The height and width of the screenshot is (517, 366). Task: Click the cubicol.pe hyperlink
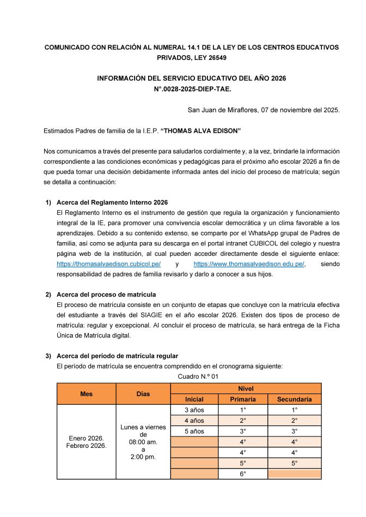click(108, 264)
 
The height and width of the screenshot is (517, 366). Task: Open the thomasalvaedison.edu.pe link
click(249, 264)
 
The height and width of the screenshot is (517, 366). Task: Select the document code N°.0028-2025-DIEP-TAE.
click(191, 88)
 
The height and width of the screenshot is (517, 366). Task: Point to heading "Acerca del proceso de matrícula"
click(106, 294)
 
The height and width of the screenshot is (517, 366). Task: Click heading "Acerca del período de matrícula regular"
click(117, 356)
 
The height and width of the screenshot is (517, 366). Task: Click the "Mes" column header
click(86, 394)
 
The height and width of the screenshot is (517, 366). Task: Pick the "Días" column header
click(143, 394)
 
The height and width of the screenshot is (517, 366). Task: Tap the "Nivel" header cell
click(246, 389)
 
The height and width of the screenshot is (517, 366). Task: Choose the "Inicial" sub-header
click(194, 399)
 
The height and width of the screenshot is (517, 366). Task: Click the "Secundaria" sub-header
click(294, 399)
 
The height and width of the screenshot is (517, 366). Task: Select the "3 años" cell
click(194, 410)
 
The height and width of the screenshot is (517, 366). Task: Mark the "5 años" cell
click(194, 431)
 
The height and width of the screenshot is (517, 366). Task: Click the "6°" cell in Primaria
click(243, 474)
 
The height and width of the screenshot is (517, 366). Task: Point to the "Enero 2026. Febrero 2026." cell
click(86, 442)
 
